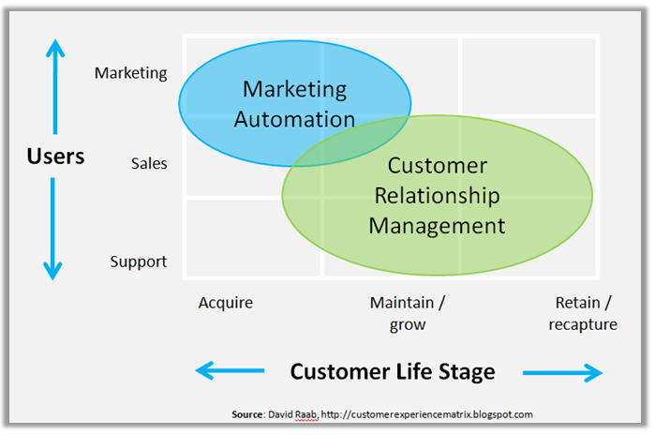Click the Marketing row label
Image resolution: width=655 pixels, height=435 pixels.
pos(130,73)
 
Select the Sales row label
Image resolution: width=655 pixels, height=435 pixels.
pos(148,163)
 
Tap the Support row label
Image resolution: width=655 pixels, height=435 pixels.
pos(138,262)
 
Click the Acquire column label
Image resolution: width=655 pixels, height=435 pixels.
pos(226,302)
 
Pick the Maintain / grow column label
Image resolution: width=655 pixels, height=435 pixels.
pos(407,313)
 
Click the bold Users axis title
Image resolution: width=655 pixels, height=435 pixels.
pos(54,156)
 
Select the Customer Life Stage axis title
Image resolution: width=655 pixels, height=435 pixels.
pos(392,371)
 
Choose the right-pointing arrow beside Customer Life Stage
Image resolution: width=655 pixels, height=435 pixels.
pos(563,372)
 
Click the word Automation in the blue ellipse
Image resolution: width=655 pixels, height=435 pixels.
pos(294,119)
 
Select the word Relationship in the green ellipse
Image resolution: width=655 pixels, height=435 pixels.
pos(437,195)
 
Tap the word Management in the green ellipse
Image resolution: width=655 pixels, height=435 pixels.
pos(437,225)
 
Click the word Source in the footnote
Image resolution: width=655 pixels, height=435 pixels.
pos(247,413)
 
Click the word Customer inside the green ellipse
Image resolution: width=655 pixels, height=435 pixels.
pos(437,166)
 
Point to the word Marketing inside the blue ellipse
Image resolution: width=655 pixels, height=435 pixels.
pos(294,90)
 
